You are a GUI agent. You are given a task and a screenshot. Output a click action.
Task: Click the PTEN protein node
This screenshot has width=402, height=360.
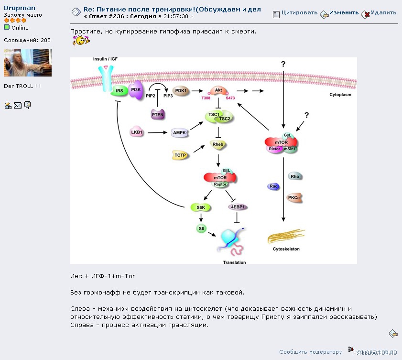pyautogui.click(x=157, y=114)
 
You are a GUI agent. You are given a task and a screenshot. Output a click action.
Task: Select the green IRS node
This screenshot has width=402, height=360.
pyautogui.click(x=119, y=91)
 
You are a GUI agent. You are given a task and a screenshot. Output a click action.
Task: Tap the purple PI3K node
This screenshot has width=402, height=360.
pyautogui.click(x=136, y=90)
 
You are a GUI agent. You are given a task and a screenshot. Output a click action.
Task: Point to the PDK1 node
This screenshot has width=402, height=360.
pyautogui.click(x=181, y=91)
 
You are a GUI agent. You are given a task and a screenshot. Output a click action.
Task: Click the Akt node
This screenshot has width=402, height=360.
pyautogui.click(x=218, y=90)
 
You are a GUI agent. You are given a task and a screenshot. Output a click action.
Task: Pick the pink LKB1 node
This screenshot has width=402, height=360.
pyautogui.click(x=137, y=132)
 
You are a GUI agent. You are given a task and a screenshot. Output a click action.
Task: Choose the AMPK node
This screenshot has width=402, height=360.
pyautogui.click(x=179, y=132)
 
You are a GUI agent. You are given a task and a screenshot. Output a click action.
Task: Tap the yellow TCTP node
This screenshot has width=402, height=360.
pyautogui.click(x=180, y=155)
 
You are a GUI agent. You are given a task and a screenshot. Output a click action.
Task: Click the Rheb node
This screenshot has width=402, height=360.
pyautogui.click(x=218, y=144)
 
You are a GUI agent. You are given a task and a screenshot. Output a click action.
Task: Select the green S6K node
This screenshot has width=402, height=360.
pyautogui.click(x=201, y=207)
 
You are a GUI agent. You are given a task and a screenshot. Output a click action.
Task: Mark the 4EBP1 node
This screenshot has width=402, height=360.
pyautogui.click(x=238, y=207)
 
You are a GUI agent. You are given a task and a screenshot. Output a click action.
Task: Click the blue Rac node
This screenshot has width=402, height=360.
pyautogui.click(x=273, y=186)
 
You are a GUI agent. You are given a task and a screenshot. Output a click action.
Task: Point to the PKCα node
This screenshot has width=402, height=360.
pyautogui.click(x=294, y=197)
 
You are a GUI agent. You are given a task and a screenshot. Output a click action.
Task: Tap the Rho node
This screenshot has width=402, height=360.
pyautogui.click(x=295, y=176)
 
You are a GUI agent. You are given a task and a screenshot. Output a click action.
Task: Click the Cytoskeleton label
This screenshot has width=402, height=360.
pyautogui.click(x=286, y=249)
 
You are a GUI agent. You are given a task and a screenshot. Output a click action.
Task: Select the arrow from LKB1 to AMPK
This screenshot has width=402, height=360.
pyautogui.click(x=157, y=132)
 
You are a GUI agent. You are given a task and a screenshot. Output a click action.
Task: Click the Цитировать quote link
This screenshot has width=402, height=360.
pyautogui.click(x=299, y=12)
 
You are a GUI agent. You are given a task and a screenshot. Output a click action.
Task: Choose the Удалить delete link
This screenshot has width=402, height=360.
pyautogui.click(x=383, y=12)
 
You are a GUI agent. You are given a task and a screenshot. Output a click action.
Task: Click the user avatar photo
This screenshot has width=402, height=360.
pyautogui.click(x=28, y=63)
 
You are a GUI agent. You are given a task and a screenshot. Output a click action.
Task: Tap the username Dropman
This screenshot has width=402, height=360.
pyautogui.click(x=20, y=8)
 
